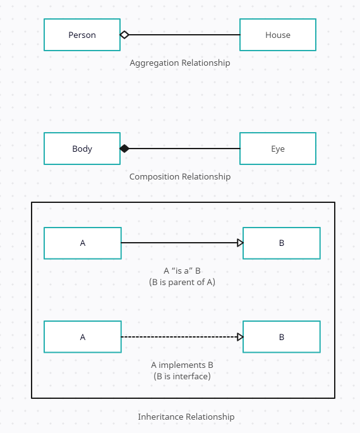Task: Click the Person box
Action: [82, 35]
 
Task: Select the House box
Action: [278, 35]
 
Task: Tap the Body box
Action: [82, 149]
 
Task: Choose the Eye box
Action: [278, 149]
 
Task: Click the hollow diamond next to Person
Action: [124, 35]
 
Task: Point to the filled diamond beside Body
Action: [124, 149]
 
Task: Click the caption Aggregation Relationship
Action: [180, 63]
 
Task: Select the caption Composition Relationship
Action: [180, 176]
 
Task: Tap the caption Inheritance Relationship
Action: [186, 417]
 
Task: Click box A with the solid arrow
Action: [83, 243]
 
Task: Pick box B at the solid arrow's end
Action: [282, 243]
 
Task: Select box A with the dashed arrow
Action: [83, 337]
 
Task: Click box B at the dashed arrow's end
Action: [282, 337]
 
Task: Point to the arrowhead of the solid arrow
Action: [240, 243]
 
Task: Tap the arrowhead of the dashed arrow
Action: [240, 337]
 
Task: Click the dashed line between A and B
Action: [179, 337]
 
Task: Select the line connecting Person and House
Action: [184, 35]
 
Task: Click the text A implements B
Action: [182, 365]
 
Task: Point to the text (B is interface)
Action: [182, 376]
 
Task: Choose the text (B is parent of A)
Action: [182, 282]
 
